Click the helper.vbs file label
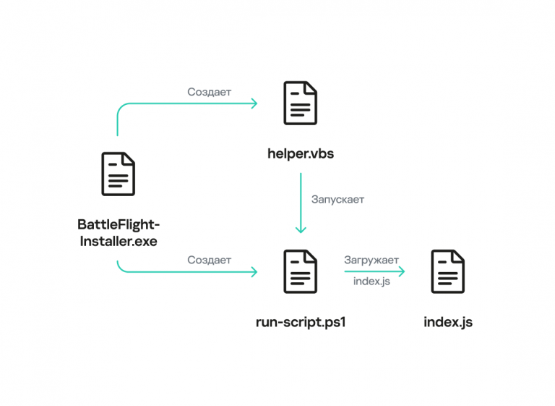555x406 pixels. pos(301,154)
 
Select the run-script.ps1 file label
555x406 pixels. pos(301,322)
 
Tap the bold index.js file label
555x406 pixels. pos(448,322)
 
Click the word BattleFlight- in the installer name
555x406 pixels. pos(119,224)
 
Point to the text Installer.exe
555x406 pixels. pos(119,241)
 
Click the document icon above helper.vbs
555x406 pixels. pos(300,103)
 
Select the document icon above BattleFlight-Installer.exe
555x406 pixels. pos(119,174)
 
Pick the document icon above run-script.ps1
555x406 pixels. pos(300,271)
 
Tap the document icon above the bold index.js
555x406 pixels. pos(448,271)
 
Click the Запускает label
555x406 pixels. pos(337,200)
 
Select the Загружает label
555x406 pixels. pos(371,261)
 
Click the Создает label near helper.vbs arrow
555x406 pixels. pos(209,92)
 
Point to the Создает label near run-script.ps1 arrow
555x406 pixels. pos(209,260)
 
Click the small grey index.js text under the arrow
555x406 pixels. pos(371,282)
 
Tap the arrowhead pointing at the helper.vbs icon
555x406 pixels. pos(254,103)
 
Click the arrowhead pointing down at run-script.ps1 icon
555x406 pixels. pos(301,229)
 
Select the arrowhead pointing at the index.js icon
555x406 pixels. pos(402,271)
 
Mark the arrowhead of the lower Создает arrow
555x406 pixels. pos(254,272)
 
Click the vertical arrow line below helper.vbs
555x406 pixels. pos(301,203)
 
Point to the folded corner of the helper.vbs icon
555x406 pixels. pos(311,88)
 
